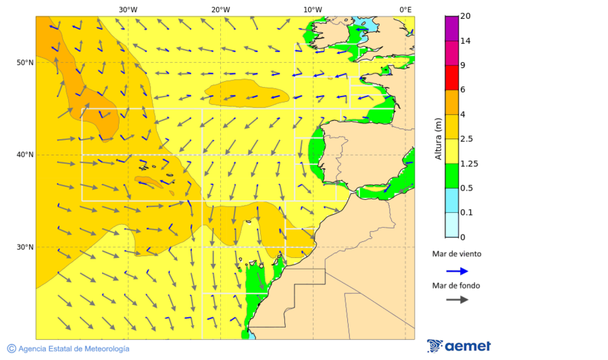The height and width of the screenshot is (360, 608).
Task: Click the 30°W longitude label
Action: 128,9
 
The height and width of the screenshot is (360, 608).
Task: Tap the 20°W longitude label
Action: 220,9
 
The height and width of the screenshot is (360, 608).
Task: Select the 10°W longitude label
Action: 312,9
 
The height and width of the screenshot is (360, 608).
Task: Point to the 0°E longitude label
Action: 405,9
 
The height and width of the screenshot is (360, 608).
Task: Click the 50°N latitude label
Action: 25,63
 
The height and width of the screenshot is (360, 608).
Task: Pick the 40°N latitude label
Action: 25,155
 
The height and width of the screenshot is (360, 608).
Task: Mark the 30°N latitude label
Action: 25,247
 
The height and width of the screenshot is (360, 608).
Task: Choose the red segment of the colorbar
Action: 453,77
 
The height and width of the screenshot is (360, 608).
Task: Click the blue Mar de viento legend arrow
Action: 457,271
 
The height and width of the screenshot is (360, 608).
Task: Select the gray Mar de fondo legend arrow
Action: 457,299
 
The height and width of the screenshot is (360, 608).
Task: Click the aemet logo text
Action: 467,346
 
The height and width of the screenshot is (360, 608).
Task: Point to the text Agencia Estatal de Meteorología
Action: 74,349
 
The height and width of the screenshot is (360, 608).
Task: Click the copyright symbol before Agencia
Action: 11,349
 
